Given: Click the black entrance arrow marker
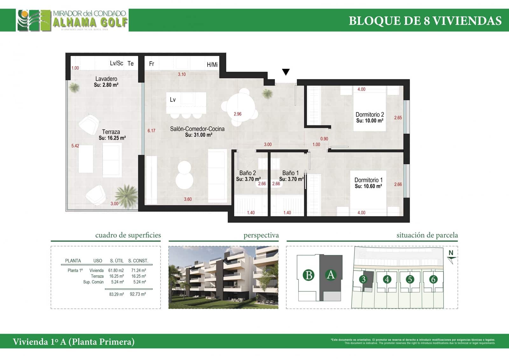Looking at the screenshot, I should click(x=286, y=72).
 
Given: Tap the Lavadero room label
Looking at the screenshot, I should click(x=106, y=79).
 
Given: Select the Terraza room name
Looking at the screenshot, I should click(x=111, y=132).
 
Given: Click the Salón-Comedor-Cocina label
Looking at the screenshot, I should click(x=197, y=129).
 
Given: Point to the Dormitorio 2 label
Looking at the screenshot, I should click(x=370, y=115).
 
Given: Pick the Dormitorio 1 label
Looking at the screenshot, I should click(x=368, y=180).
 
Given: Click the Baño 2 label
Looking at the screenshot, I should click(x=248, y=173).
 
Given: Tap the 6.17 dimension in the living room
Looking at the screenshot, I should click(x=151, y=131).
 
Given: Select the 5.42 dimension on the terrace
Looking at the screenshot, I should click(x=75, y=146).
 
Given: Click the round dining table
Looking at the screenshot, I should click(x=239, y=107).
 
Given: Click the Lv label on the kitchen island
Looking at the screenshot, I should click(x=173, y=100).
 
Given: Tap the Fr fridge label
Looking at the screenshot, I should click(x=152, y=64).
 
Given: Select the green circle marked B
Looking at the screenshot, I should click(x=308, y=275).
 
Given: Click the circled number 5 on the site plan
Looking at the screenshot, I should click(x=410, y=279).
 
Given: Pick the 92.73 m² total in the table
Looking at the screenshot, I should click(x=138, y=294).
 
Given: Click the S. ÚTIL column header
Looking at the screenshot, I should click(x=117, y=261).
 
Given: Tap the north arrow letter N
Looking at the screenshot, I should click(x=451, y=253).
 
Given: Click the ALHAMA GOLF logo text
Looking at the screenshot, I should click(x=90, y=23).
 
